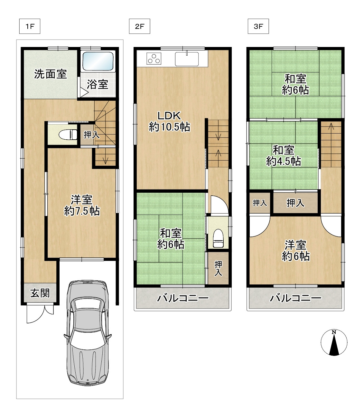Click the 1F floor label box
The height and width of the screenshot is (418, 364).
tap(30, 26)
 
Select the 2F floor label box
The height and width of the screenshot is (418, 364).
tap(139, 26)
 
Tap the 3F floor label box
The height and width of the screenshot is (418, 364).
tap(258, 26)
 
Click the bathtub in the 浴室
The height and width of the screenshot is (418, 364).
tap(98, 61)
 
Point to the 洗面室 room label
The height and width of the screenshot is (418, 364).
tap(51, 74)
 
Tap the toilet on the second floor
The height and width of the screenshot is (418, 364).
tap(218, 238)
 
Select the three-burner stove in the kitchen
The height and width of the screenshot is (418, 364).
tap(154, 59)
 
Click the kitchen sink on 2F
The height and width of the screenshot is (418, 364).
tap(187, 59)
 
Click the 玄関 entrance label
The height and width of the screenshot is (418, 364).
tap(40, 293)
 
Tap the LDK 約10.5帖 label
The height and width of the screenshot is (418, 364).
tap(169, 121)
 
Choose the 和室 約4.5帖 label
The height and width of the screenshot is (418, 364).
tap(284, 156)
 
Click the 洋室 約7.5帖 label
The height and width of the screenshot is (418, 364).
tap(82, 205)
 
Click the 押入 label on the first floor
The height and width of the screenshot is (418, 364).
tap(91, 135)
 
